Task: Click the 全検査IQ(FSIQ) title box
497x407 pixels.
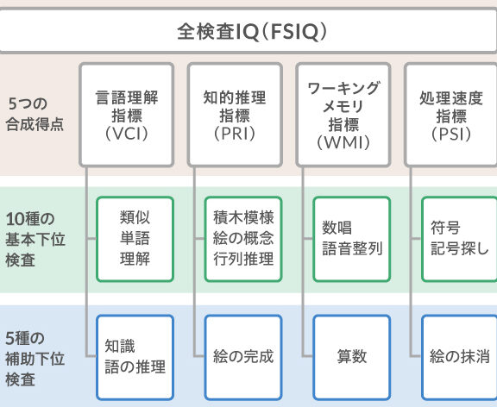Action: pyautogui.click(x=248, y=31)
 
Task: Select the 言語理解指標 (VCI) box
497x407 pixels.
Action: pyautogui.click(x=127, y=115)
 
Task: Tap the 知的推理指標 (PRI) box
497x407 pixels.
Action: pyautogui.click(x=235, y=115)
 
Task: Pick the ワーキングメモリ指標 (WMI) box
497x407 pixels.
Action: pyautogui.click(x=343, y=115)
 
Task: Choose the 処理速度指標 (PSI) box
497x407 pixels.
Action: pyautogui.click(x=450, y=115)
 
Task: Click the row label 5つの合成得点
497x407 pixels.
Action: pyautogui.click(x=35, y=114)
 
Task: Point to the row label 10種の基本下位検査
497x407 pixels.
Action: pyautogui.click(x=35, y=240)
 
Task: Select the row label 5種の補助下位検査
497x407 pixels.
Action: pyautogui.click(x=35, y=359)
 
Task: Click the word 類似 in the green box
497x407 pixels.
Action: pyautogui.click(x=135, y=217)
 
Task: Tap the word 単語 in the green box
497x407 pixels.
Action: pyautogui.click(x=135, y=238)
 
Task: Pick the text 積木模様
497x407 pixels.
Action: pyautogui.click(x=243, y=217)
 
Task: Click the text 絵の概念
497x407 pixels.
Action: pyautogui.click(x=243, y=238)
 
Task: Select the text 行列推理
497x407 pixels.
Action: pyautogui.click(x=243, y=259)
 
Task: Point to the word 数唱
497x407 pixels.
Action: pyautogui.click(x=337, y=228)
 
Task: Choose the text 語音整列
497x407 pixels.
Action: pyautogui.click(x=352, y=248)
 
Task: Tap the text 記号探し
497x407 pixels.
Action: pyautogui.click(x=460, y=248)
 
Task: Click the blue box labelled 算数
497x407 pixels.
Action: pyautogui.click(x=352, y=357)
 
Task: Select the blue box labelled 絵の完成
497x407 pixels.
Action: pyautogui.click(x=243, y=357)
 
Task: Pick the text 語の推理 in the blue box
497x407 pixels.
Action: pyautogui.click(x=135, y=367)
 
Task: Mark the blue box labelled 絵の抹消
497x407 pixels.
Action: pyautogui.click(x=459, y=357)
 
